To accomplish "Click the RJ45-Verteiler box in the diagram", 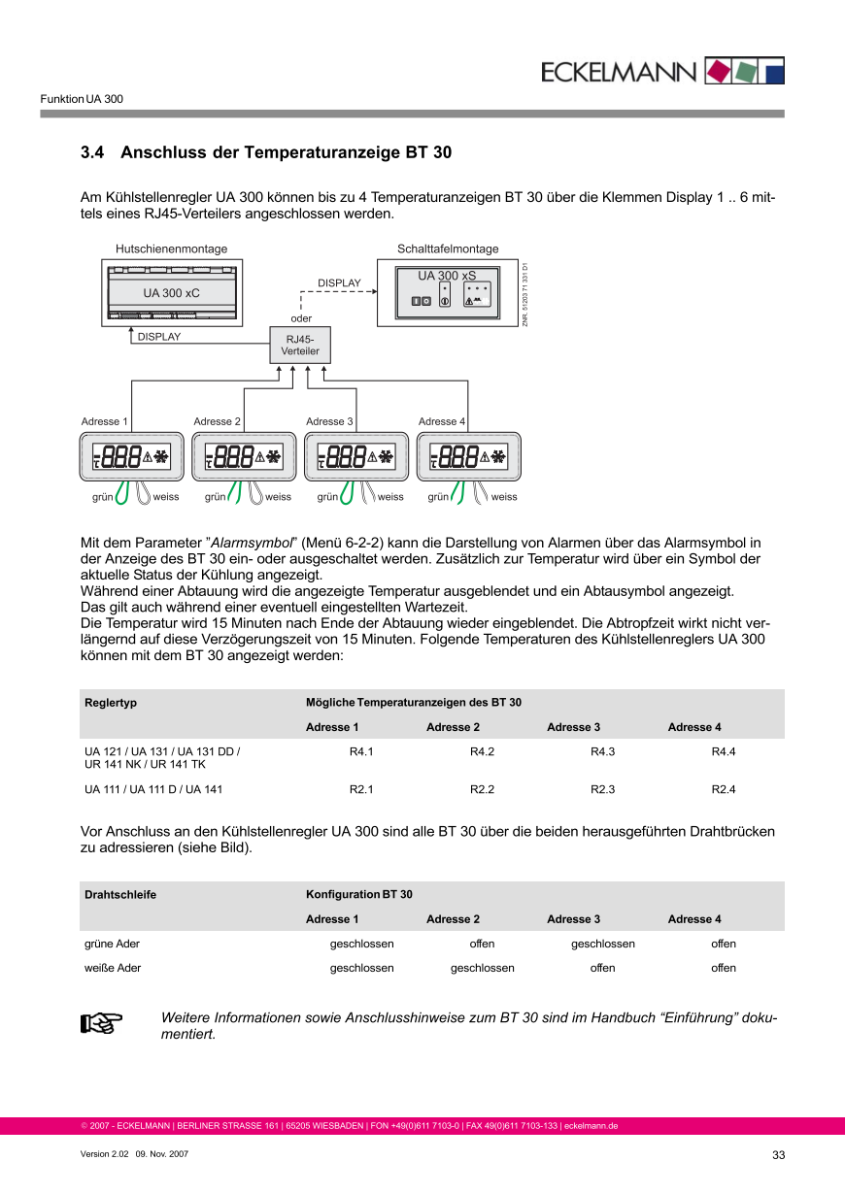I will [301, 345].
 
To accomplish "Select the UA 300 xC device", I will [172, 292].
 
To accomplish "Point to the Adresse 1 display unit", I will [132, 455].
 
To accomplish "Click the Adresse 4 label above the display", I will [442, 421].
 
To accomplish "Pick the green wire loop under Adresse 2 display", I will [235, 493].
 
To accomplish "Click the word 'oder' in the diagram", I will [301, 317].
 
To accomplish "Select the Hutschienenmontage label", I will [171, 249].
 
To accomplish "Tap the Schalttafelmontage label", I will [448, 249].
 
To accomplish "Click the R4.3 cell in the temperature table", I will [603, 751].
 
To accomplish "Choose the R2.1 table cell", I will [361, 789].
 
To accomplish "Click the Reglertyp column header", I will [111, 702].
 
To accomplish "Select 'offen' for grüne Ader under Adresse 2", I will [482, 944].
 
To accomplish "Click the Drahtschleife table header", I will [120, 894].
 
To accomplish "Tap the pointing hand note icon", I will [98, 1023].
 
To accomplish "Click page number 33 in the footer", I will [778, 1154].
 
